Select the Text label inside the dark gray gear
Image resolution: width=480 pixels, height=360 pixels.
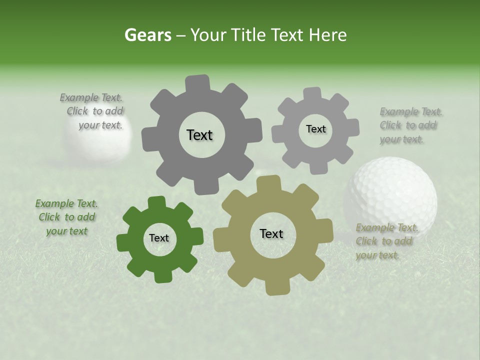199,135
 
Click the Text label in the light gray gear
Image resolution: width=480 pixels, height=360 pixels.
315,129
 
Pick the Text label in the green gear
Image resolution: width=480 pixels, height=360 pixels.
159,238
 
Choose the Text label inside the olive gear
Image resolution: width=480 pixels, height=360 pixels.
271,233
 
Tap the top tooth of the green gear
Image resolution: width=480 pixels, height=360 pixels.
156,202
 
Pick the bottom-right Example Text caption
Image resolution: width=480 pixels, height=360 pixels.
386,241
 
